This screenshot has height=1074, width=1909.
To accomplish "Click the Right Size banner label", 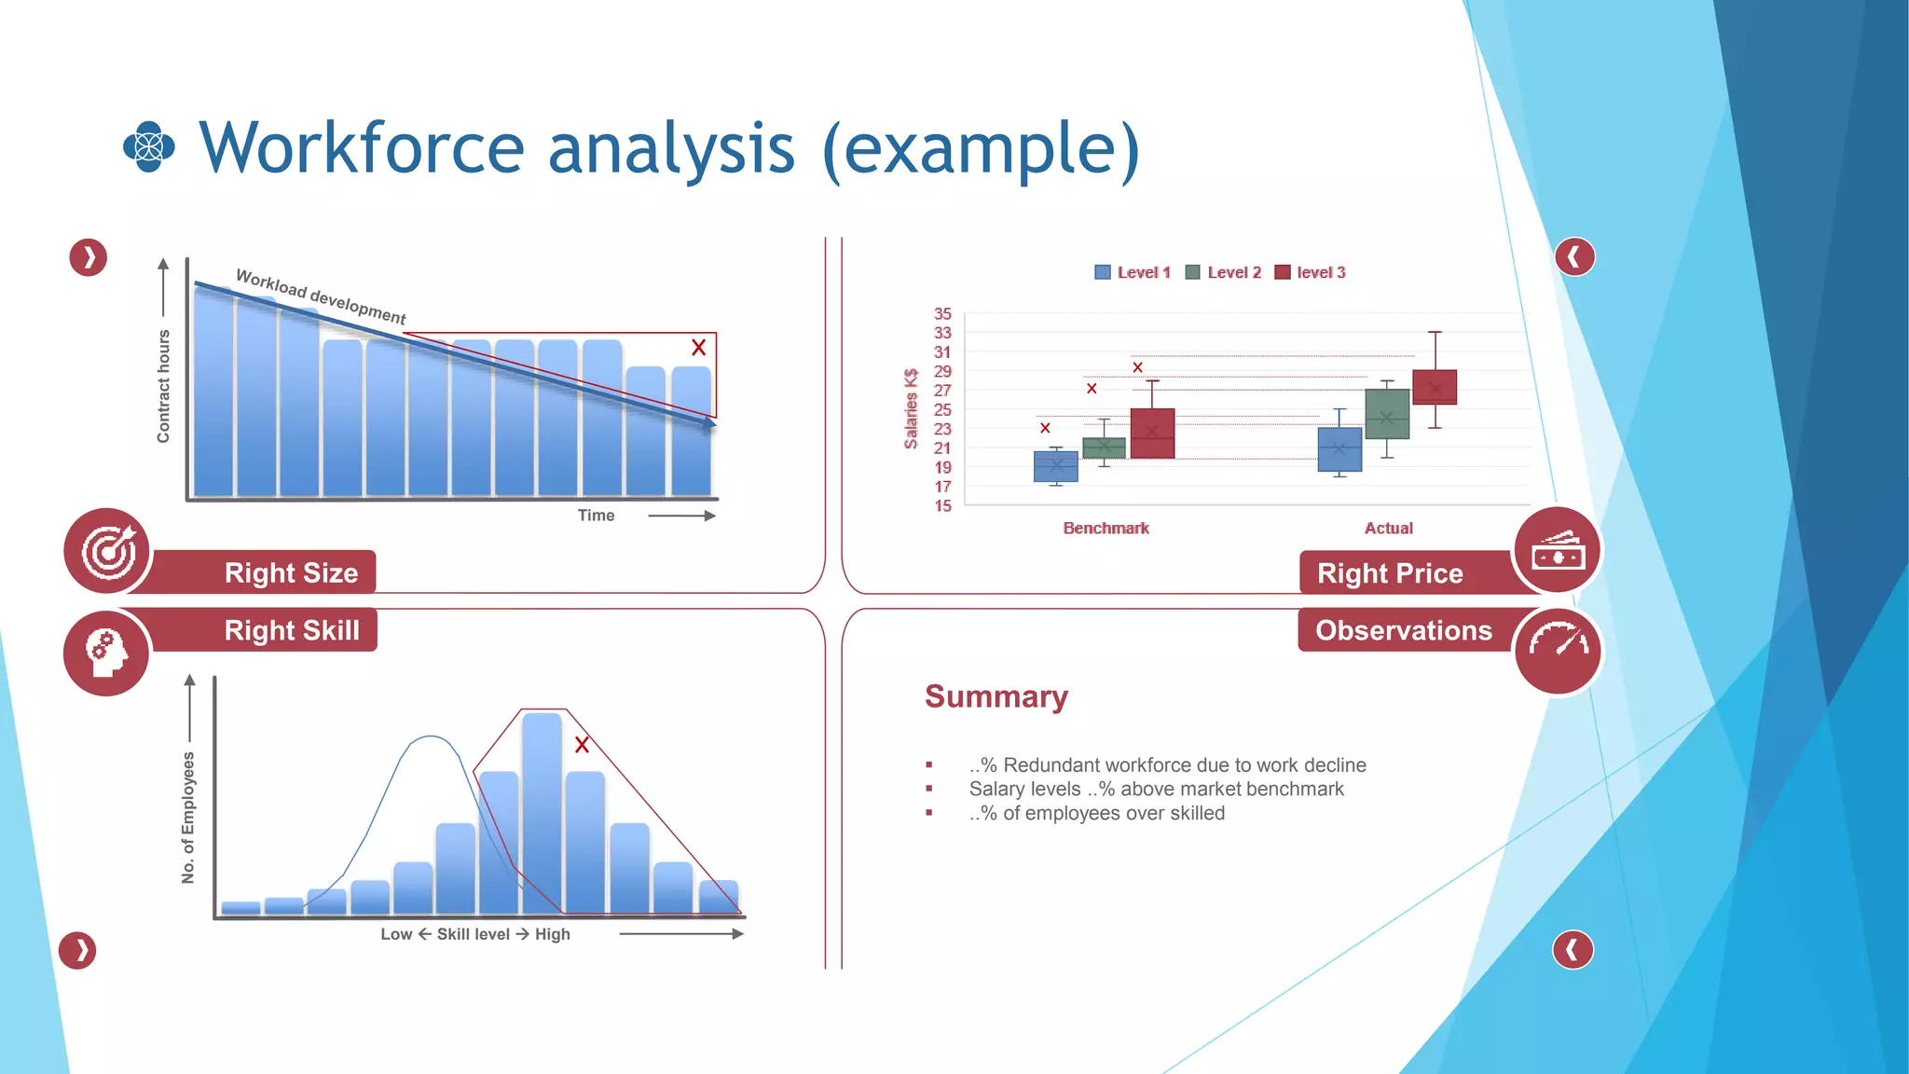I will pyautogui.click(x=291, y=572).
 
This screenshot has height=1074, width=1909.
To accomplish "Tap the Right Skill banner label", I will pyautogui.click(x=291, y=630).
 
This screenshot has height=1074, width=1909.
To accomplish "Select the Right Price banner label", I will pyautogui.click(x=1389, y=573).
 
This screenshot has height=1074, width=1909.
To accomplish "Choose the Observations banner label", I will pyautogui.click(x=1403, y=630).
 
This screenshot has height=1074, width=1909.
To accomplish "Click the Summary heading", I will pyautogui.click(x=996, y=696).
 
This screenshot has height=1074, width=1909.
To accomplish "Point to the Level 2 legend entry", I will pyautogui.click(x=1224, y=272).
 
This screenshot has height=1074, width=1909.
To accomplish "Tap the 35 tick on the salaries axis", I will pyautogui.click(x=942, y=314).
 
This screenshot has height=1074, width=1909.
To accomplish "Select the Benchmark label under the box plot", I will pyautogui.click(x=1106, y=528).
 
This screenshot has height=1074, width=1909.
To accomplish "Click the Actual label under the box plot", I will pyautogui.click(x=1388, y=528).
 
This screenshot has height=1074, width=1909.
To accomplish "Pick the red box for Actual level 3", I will pyautogui.click(x=1435, y=387).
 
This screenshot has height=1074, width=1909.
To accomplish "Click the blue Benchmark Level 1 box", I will pyautogui.click(x=1055, y=466).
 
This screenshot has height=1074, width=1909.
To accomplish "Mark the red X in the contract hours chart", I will pyautogui.click(x=698, y=348).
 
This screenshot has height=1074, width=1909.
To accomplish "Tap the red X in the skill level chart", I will pyautogui.click(x=582, y=745).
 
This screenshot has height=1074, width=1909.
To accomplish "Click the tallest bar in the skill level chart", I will pyautogui.click(x=542, y=811).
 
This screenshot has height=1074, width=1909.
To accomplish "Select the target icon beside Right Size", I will pyautogui.click(x=108, y=551).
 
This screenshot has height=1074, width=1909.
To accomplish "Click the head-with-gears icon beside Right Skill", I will pyautogui.click(x=106, y=652).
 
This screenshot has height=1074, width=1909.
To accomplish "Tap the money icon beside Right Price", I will pyautogui.click(x=1558, y=552).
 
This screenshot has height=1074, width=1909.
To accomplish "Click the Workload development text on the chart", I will pyautogui.click(x=320, y=296).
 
